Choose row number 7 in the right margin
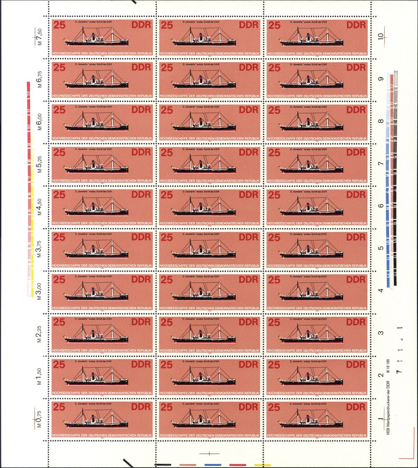pos(381,164)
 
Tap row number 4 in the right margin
pos(381,291)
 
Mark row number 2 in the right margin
pos(381,375)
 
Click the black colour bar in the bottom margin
pos(163,465)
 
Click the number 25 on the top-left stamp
pos(59,25)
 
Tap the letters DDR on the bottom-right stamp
pos(356,407)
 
